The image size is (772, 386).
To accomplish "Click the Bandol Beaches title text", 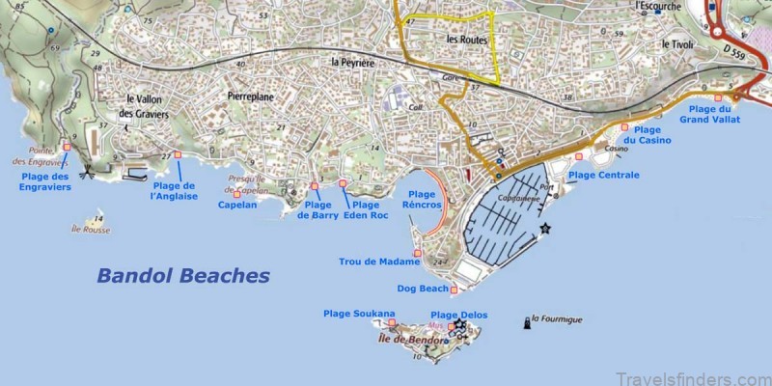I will (182, 276).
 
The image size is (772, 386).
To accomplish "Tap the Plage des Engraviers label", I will (45, 181).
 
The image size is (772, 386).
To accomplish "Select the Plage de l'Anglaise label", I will (175, 191).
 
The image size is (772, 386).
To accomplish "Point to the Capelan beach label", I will (236, 205).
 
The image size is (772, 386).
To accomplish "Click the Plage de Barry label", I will (318, 210).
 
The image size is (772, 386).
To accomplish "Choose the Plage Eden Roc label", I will (365, 210).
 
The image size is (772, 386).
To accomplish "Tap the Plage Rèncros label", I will (425, 200).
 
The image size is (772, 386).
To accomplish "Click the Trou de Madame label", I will (379, 262).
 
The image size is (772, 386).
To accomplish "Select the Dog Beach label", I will (424, 289).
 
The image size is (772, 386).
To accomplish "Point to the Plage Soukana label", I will (359, 314).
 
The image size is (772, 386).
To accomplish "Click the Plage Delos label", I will (458, 315).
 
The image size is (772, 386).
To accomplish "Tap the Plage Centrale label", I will (603, 175).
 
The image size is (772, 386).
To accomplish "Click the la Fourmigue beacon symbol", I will (526, 321).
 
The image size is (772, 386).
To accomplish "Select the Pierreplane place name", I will (252, 97).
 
